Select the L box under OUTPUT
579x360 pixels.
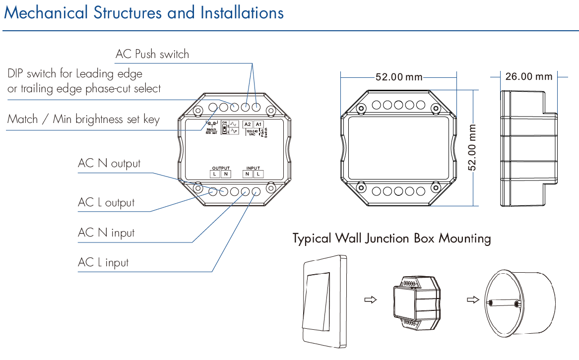point(214,174)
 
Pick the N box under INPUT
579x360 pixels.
point(247,174)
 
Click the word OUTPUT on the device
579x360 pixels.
point(221,168)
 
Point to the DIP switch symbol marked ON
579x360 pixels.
point(224,128)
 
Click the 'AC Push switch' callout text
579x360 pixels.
point(152,54)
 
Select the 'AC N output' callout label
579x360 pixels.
point(109,164)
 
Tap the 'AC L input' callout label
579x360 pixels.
point(103,262)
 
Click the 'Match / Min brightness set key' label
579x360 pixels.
point(83,120)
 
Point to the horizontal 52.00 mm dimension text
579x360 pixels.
point(398,77)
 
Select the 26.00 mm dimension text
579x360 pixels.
point(528,76)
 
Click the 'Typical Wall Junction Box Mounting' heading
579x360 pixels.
point(391,239)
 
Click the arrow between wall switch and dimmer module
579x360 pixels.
point(370,300)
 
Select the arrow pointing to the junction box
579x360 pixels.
point(473,300)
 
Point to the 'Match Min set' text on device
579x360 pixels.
point(212,131)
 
